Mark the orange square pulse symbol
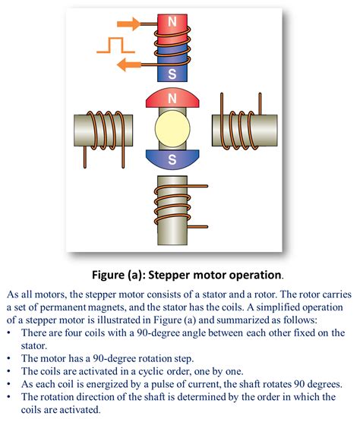coord(111,45)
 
